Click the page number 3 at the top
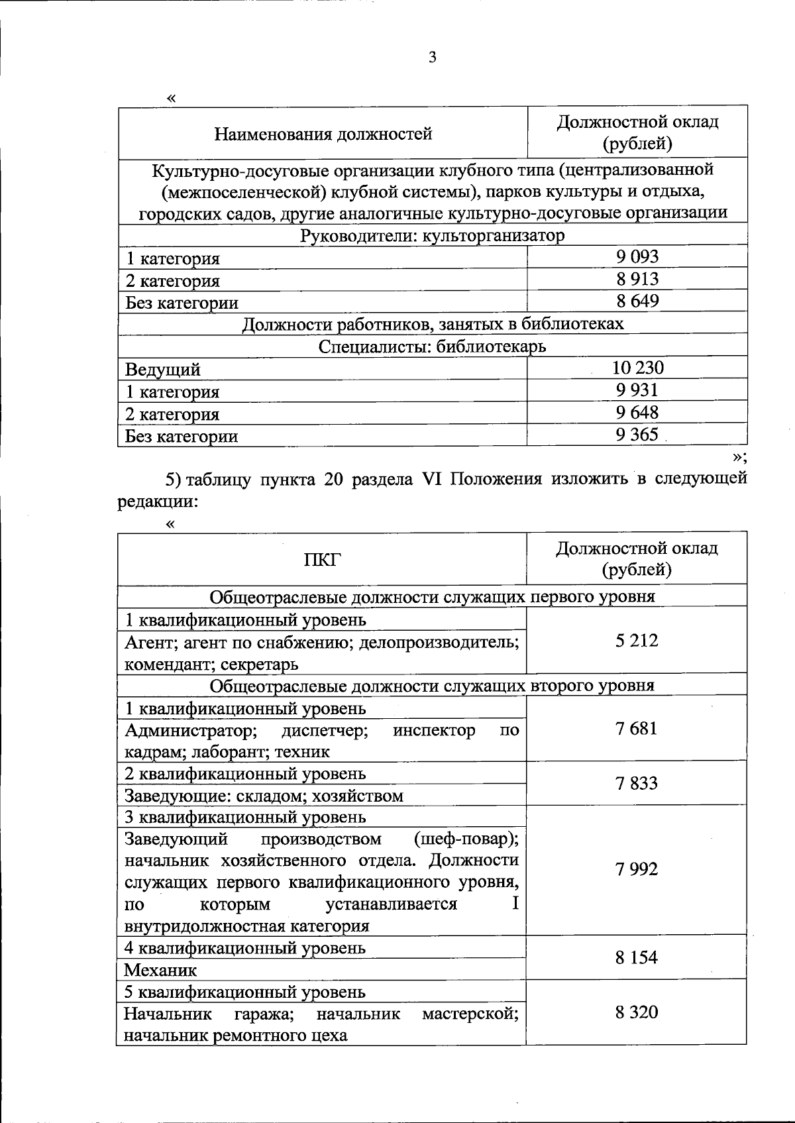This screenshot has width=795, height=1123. tap(433, 58)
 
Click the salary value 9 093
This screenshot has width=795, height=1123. tap(637, 256)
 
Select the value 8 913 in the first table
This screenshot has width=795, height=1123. tap(637, 279)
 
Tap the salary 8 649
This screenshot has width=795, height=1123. tap(637, 301)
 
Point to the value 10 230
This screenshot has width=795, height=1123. tap(637, 368)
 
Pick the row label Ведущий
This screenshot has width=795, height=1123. tap(163, 369)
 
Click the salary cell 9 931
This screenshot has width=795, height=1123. tap(637, 390)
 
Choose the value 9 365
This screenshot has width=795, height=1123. tap(637, 435)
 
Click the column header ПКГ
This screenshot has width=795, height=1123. tap(322, 560)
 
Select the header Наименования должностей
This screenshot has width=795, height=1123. tap(323, 134)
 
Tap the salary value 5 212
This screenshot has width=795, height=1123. tap(637, 641)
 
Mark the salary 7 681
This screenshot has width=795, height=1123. tap(637, 729)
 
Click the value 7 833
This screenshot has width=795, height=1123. tap(637, 784)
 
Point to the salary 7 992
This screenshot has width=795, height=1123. tap(637, 870)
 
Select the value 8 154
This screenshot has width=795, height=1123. tap(637, 958)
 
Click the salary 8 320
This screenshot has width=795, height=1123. tap(637, 1012)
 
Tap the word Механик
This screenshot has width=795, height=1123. tap(161, 971)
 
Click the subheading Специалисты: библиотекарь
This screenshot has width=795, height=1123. tap(433, 347)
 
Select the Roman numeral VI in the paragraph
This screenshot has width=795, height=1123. tap(431, 478)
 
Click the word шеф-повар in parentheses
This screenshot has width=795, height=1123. tap(465, 839)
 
